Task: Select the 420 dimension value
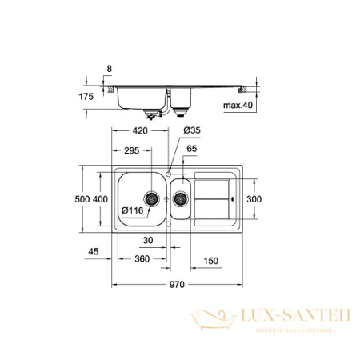[140, 130]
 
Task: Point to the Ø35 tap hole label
[192, 130]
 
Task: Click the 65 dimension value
[191, 149]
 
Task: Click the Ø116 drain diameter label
[133, 210]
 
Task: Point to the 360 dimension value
[142, 260]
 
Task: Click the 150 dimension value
[210, 260]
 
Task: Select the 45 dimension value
[94, 252]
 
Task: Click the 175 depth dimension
[87, 96]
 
